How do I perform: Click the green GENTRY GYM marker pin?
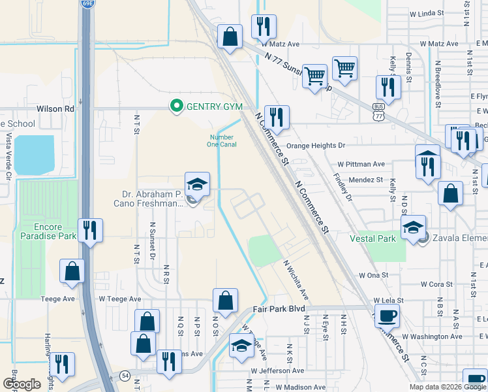pos(175,106)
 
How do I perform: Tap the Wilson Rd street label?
pos(55,108)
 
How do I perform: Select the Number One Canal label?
pos(221,141)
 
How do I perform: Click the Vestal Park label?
pos(372,239)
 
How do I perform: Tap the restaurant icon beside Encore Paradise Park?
pos(90,230)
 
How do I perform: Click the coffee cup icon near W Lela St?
pos(388,316)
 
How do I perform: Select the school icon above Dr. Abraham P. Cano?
pos(197,184)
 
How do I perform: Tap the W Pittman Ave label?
pos(361,164)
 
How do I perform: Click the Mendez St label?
pos(365,179)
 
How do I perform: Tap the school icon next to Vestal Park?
pos(413,227)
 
